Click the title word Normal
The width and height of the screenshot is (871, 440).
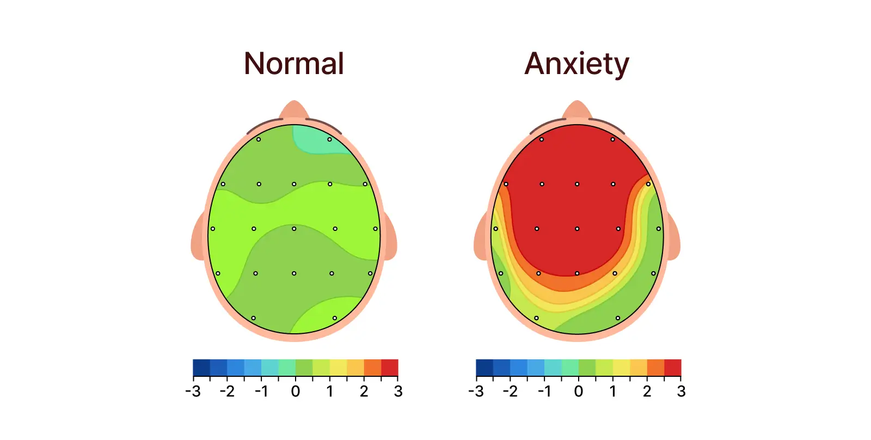[x=294, y=64]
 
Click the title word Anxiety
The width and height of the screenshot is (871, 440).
[x=576, y=64]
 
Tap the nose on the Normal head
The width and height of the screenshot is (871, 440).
[x=294, y=109]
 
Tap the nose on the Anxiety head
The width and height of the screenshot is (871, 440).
[x=577, y=109]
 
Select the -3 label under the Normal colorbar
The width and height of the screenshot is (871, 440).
[x=193, y=392]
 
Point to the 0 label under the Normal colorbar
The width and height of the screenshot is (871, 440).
[x=295, y=392]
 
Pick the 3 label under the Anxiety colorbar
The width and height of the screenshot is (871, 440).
[x=681, y=392]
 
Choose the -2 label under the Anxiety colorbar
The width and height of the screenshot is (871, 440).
[x=510, y=392]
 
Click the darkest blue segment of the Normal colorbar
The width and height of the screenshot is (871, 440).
[x=201, y=368]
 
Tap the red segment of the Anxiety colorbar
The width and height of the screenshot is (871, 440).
[x=673, y=368]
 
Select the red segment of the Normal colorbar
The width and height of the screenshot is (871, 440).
[x=390, y=368]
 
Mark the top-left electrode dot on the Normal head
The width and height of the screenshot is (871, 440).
[x=259, y=139]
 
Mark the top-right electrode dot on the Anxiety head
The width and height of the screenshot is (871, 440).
[x=612, y=139]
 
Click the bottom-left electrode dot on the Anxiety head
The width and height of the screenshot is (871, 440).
[x=536, y=318]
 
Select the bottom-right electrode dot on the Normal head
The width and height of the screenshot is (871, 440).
[x=335, y=318]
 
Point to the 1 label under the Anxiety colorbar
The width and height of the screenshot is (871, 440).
[x=612, y=392]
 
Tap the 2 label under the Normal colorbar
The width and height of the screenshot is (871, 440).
[x=364, y=392]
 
